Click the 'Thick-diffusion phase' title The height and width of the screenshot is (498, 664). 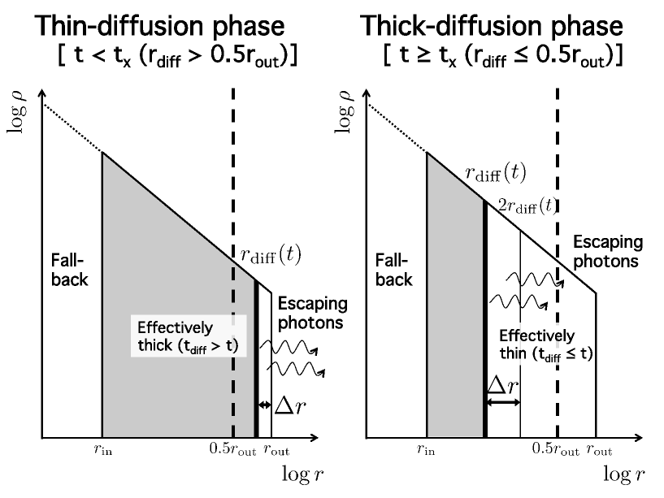pyautogui.click(x=491, y=26)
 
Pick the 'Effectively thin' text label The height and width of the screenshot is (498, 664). pyautogui.click(x=537, y=344)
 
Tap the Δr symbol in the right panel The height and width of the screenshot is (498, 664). pyautogui.click(x=501, y=384)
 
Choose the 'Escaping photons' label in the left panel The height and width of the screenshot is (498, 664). pyautogui.click(x=313, y=313)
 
